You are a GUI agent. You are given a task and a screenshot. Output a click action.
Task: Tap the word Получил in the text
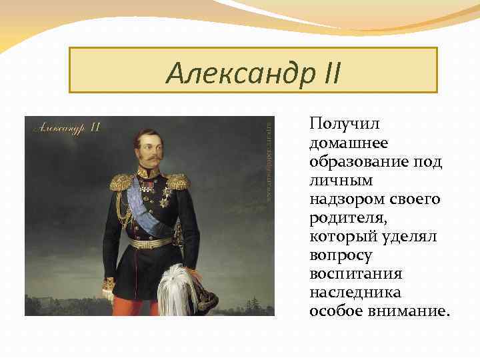339,125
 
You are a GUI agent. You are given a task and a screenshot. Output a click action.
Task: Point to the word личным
341,181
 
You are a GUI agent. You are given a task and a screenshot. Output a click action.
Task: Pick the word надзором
345,199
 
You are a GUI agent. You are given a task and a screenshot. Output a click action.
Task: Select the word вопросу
341,255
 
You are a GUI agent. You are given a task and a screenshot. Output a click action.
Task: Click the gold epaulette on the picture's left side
122,182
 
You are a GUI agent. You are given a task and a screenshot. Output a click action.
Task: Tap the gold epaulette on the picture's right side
178,181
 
